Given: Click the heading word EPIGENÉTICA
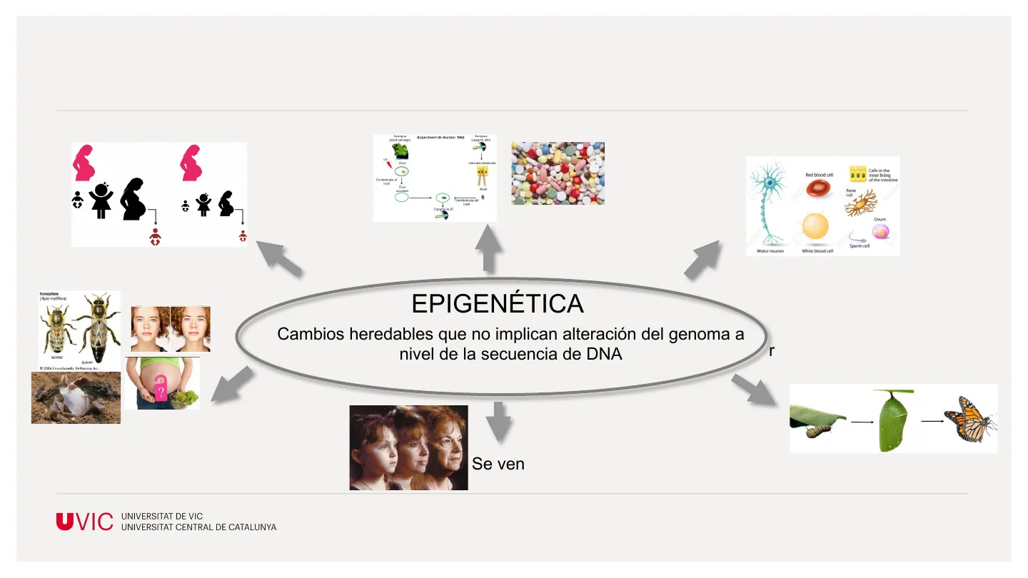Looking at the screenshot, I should (498, 304).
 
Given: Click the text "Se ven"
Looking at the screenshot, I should (498, 464).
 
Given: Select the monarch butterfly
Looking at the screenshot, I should (969, 420).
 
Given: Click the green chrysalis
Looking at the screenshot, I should (895, 422).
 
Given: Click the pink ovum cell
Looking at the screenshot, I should (881, 231).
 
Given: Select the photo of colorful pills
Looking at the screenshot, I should (558, 173).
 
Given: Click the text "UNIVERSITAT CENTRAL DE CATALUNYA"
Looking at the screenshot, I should (199, 527).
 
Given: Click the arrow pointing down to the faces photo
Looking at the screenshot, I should (498, 421).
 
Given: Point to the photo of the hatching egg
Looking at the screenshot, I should (75, 397).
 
